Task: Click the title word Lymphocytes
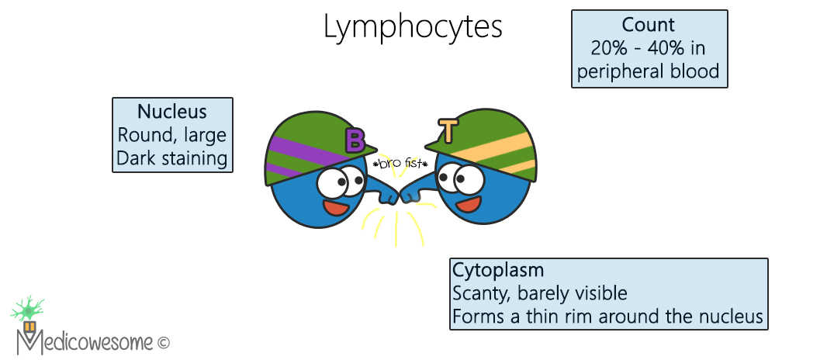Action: click(x=413, y=27)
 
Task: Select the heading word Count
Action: click(x=649, y=25)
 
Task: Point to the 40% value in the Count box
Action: click(x=666, y=49)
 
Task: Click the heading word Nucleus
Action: click(x=172, y=112)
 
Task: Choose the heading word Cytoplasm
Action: click(x=497, y=271)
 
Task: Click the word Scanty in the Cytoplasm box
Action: click(x=479, y=294)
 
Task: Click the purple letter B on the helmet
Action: click(x=355, y=140)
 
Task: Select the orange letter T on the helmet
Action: click(x=448, y=130)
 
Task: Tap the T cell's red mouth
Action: click(x=465, y=205)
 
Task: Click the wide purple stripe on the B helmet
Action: click(x=307, y=152)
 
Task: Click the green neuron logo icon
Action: click(x=28, y=310)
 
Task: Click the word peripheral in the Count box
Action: click(x=626, y=72)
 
